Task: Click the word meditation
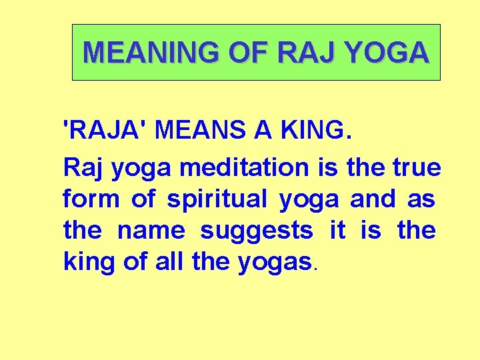point(245,167)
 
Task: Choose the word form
point(89,199)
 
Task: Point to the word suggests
point(257,231)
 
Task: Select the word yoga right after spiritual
point(309,199)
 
